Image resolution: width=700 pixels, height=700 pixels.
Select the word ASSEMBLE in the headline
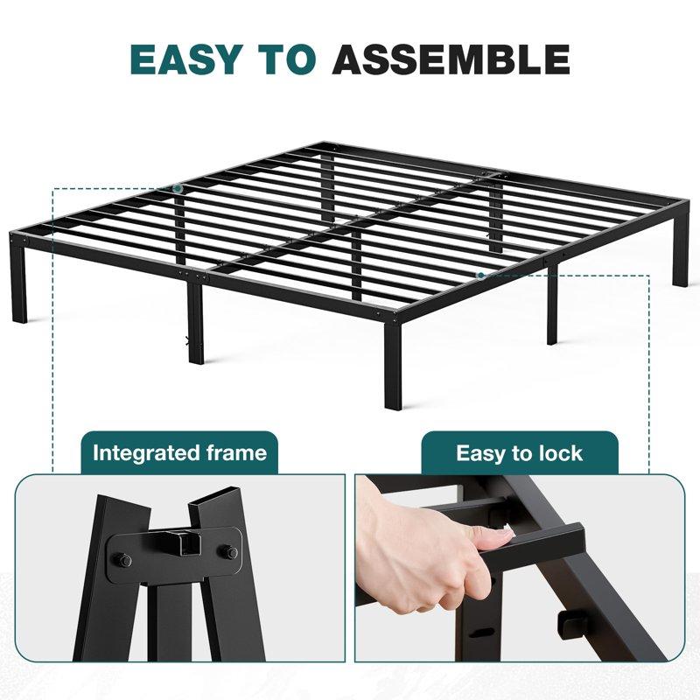[451, 58]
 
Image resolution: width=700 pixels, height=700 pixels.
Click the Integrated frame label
[179, 453]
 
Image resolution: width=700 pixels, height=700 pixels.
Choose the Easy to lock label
[519, 453]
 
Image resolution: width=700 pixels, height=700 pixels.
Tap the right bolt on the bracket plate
[230, 552]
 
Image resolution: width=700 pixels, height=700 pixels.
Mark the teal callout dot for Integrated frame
[178, 188]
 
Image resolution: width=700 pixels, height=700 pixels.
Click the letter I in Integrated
[96, 453]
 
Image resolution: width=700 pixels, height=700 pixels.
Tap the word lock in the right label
[561, 453]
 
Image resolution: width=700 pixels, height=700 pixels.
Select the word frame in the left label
[237, 453]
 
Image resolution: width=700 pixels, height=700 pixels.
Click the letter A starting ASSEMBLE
[351, 58]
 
